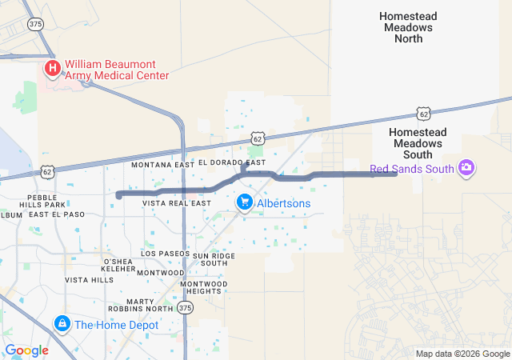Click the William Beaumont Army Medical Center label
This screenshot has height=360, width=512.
pos(117,69)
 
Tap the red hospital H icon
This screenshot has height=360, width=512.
pos(53,69)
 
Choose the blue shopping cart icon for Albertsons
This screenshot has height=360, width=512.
pos(245,203)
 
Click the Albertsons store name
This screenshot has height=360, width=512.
pos(283,204)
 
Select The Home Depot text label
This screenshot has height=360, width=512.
pos(117,325)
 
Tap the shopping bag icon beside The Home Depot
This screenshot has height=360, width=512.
pos(62,324)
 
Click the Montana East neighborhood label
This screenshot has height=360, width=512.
pos(162,164)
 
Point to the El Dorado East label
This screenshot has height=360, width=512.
pos(232,163)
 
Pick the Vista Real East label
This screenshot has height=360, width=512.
pos(177,203)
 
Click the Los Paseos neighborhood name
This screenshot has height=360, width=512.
pos(166,253)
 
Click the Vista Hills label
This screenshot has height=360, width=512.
pos(89,280)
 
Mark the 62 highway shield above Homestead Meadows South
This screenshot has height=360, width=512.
pos(423,114)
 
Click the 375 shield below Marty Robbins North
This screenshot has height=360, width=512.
pos(186,308)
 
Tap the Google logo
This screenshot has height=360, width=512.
pos(26,350)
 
